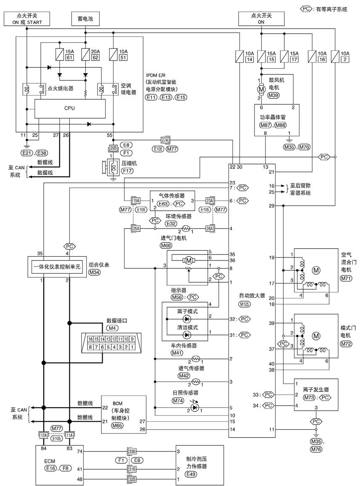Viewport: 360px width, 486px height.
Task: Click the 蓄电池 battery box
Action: point(85,19)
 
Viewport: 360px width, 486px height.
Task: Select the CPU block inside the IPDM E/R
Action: point(70,109)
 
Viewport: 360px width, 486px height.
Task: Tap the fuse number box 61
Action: point(70,58)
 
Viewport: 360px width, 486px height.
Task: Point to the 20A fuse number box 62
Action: point(95,58)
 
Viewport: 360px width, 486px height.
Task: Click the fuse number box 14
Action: point(249,59)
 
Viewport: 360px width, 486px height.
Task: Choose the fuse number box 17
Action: point(294,59)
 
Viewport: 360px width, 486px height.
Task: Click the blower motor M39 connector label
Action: point(273,95)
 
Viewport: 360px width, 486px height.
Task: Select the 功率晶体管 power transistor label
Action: point(273,117)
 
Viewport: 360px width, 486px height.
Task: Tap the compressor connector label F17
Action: point(127,170)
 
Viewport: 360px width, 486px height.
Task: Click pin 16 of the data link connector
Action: point(90,339)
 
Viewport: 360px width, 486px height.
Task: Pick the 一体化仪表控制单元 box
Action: point(57,267)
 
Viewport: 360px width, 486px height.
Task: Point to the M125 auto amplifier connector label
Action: point(244,304)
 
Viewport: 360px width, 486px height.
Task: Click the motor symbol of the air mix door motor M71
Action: point(316,270)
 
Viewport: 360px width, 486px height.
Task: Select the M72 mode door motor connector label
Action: point(346,344)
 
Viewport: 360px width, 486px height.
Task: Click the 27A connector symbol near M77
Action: point(165,140)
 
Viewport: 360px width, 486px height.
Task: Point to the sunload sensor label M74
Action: point(178,401)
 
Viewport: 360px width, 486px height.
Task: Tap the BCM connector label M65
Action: point(117,425)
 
